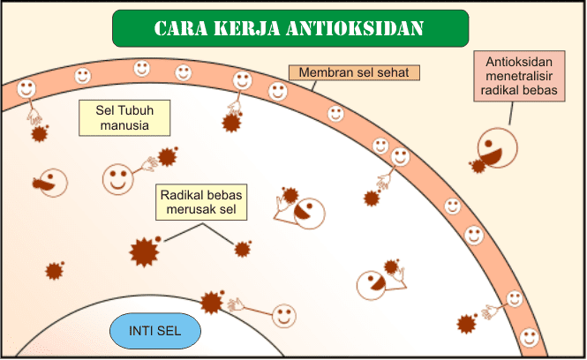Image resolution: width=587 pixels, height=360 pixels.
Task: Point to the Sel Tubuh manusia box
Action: point(124,118)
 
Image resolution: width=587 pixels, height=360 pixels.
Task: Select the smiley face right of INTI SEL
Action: point(283,314)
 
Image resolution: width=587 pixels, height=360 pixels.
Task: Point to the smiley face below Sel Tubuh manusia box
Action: point(117,178)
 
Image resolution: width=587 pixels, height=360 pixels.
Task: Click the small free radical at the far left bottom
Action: point(55,270)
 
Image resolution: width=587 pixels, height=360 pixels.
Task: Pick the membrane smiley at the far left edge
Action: point(26,89)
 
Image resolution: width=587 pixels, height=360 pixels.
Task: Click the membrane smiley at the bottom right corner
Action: point(529,336)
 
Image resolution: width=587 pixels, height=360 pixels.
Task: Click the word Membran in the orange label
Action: point(323,72)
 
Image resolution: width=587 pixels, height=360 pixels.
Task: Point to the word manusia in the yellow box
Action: point(124,125)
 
